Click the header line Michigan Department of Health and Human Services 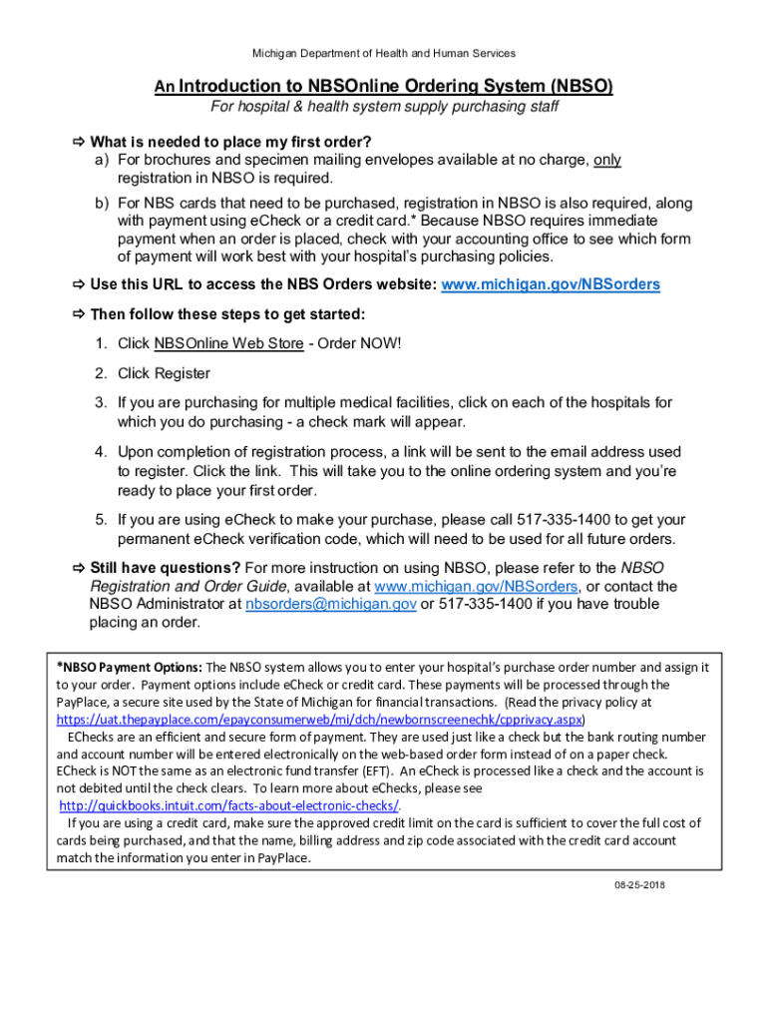point(384,53)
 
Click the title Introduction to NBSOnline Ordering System point(383,87)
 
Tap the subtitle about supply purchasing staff point(384,107)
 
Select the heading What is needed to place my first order point(230,141)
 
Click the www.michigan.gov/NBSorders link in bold point(551,284)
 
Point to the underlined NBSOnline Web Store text point(229,344)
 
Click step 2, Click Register point(164,373)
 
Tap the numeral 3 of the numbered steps point(101,403)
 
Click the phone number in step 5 point(565,520)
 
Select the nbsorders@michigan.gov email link point(331,604)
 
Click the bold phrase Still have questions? point(166,568)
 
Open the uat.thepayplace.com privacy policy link point(319,719)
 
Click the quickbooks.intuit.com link point(229,805)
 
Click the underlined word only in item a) point(607,160)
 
